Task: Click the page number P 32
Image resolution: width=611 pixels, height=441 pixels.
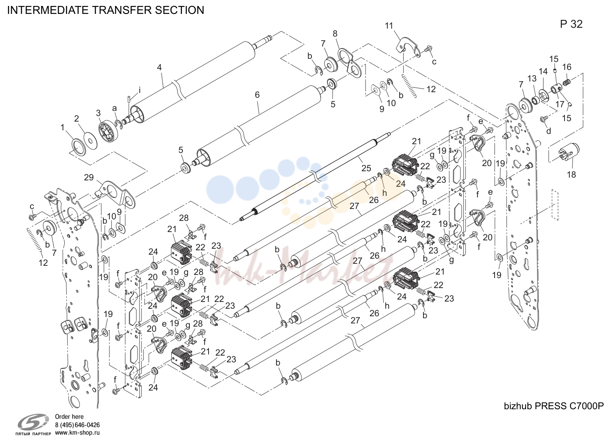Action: [571, 24]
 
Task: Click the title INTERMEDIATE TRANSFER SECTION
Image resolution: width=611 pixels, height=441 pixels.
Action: [106, 10]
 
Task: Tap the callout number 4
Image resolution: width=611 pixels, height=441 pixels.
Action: [159, 67]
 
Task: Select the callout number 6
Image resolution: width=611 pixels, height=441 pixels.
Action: [257, 95]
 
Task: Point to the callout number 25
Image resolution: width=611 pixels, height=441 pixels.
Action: [366, 168]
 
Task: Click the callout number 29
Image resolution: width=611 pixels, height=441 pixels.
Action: [89, 177]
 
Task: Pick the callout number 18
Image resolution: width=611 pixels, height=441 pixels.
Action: [571, 174]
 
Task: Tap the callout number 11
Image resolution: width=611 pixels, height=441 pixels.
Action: [389, 26]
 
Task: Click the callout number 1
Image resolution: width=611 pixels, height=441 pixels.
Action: [62, 128]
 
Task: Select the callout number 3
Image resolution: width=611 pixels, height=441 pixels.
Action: [98, 113]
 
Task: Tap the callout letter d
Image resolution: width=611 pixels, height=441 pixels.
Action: [549, 131]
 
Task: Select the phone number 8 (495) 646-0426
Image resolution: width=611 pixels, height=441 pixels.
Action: [77, 425]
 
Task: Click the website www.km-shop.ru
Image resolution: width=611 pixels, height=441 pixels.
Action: [77, 433]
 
